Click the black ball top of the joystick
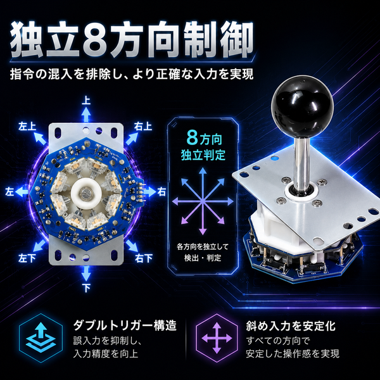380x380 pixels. point(302,107)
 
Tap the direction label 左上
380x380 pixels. point(27,126)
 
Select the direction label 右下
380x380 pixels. point(144,258)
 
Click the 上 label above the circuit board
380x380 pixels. point(86,101)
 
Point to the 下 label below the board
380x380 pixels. point(86,288)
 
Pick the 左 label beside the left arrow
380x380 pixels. point(9,192)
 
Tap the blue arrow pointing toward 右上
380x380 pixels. point(132,139)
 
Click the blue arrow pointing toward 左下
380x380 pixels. point(39,246)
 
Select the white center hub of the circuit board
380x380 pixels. point(86,193)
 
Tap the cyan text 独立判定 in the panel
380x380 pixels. point(203,155)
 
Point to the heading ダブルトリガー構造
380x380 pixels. point(125,326)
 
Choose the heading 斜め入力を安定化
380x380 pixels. point(291,326)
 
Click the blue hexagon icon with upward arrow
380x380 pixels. point(41,338)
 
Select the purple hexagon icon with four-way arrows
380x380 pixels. point(217,338)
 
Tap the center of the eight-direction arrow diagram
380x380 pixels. point(203,201)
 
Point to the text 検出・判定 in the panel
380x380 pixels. point(203,258)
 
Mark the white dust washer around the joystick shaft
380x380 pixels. point(301,192)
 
